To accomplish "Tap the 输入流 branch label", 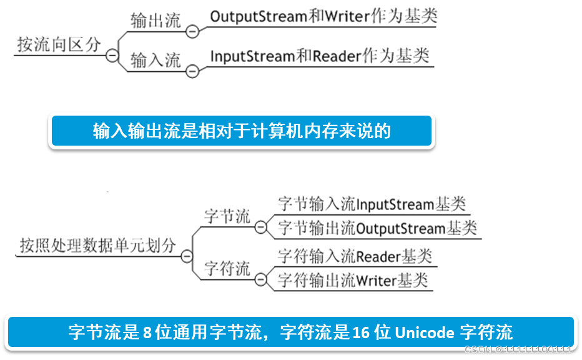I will pos(155,60).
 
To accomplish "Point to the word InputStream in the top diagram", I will pos(252,56).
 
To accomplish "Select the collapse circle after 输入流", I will pos(193,71).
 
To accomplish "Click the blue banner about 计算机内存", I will pos(242,131).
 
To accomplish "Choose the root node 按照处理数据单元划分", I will pos(97,245).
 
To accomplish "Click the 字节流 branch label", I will pos(227,217).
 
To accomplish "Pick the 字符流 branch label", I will pos(227,269).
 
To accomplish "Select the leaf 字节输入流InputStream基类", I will pos(371,204).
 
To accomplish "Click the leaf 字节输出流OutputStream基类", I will pos(377,228).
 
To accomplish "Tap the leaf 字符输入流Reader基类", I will pos(354,256).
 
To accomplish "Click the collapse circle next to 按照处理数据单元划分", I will pos(186,256).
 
